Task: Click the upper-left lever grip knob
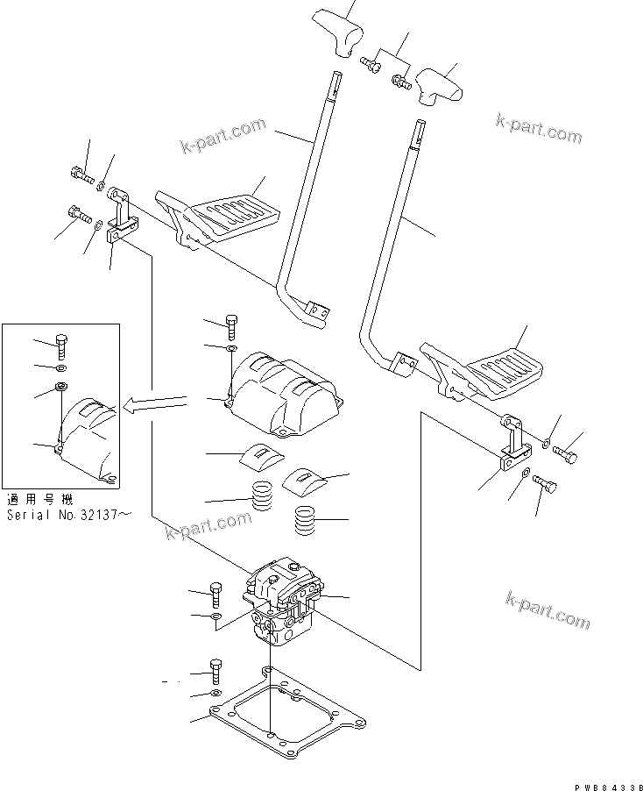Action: [342, 30]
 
